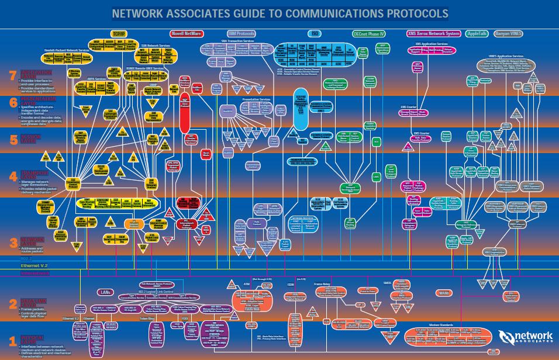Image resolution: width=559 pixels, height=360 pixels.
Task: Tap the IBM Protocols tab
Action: tap(241, 34)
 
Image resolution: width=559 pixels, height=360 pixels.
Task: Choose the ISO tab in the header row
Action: tap(315, 34)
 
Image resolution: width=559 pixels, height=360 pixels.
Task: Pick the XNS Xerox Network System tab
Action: tap(433, 34)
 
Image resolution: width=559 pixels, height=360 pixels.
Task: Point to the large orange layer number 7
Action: tap(13, 75)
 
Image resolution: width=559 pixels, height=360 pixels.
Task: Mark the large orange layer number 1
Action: tap(13, 340)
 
